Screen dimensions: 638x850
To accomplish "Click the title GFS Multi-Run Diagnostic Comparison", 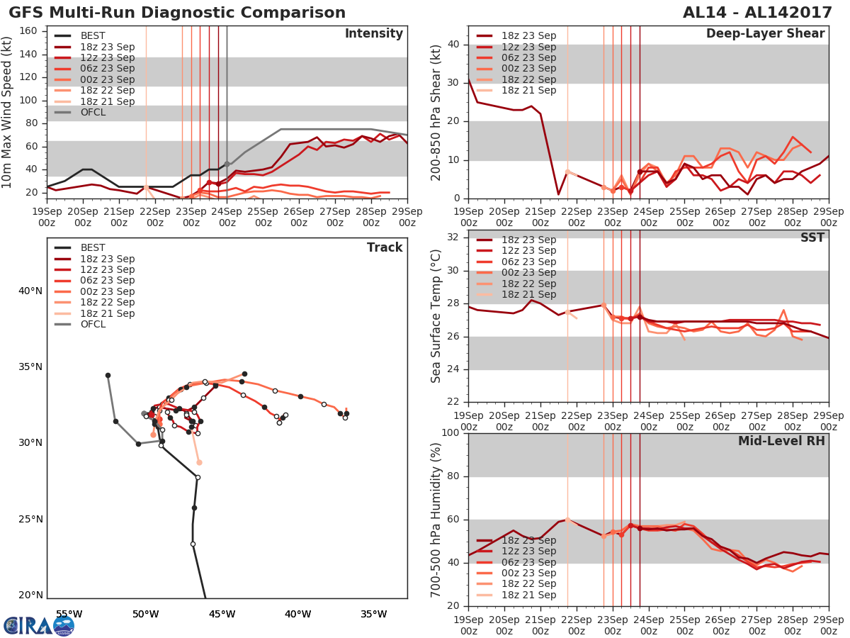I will [177, 13].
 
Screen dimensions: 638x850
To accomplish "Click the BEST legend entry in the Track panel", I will [93, 248].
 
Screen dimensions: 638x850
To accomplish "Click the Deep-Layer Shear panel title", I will [765, 34].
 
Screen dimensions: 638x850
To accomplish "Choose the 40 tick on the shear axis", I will [454, 45].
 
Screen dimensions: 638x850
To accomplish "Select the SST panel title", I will [812, 237].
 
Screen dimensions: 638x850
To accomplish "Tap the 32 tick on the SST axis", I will [454, 237].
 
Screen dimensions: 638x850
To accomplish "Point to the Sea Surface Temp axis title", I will [436, 315].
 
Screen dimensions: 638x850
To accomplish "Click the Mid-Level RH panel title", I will [781, 442].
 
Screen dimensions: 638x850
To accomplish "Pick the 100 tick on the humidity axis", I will [450, 433].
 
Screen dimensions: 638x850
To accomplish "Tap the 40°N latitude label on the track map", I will [30, 291].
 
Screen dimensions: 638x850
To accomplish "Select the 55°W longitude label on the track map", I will [69, 614].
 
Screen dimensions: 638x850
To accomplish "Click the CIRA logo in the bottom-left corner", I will [38, 626].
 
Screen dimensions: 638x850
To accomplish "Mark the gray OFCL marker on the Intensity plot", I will [227, 164].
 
